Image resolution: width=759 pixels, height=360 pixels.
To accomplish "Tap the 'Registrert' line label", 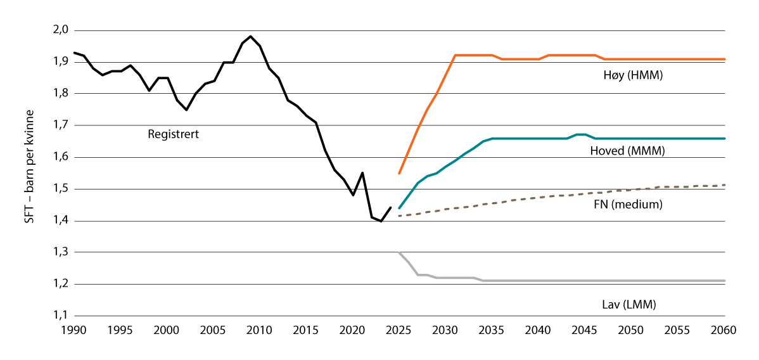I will (173, 134).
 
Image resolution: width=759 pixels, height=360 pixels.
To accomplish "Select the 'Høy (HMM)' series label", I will (628, 75).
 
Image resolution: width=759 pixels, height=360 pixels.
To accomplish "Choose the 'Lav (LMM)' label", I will (629, 304).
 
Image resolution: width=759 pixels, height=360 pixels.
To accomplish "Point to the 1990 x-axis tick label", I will (75, 331).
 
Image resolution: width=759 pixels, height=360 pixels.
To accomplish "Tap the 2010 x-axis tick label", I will (260, 331).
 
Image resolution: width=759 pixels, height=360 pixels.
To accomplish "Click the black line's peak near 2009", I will (251, 36).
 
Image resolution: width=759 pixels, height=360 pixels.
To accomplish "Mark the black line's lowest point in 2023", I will (381, 221).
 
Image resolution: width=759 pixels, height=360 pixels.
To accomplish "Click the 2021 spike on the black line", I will (362, 172).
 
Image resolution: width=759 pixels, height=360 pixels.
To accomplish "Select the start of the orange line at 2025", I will (399, 173).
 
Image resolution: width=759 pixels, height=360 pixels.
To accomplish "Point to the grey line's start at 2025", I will (399, 252).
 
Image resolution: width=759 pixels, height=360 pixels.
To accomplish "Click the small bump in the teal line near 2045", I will (580, 134).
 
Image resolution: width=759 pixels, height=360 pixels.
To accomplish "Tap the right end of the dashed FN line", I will (724, 185).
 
